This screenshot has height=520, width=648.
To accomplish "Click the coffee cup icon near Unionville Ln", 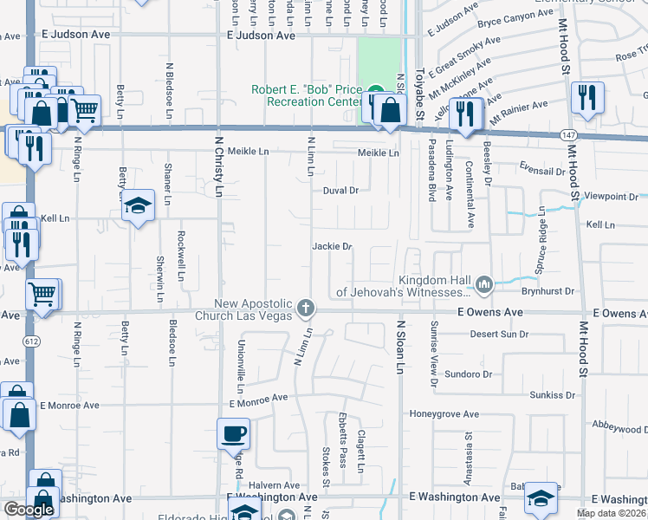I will click(x=234, y=432).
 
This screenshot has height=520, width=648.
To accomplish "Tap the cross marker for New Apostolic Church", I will click(x=305, y=308).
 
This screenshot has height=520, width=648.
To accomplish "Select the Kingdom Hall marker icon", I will click(x=486, y=283).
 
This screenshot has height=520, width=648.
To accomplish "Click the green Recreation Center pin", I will click(x=375, y=92).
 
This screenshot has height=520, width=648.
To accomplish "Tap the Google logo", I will click(x=29, y=510).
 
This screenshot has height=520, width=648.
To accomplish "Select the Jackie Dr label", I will click(x=332, y=247).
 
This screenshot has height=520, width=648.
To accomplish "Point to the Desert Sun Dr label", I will click(x=498, y=334).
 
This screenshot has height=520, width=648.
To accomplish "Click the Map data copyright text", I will click(x=611, y=513).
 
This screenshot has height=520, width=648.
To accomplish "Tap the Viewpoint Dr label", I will click(x=612, y=197).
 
